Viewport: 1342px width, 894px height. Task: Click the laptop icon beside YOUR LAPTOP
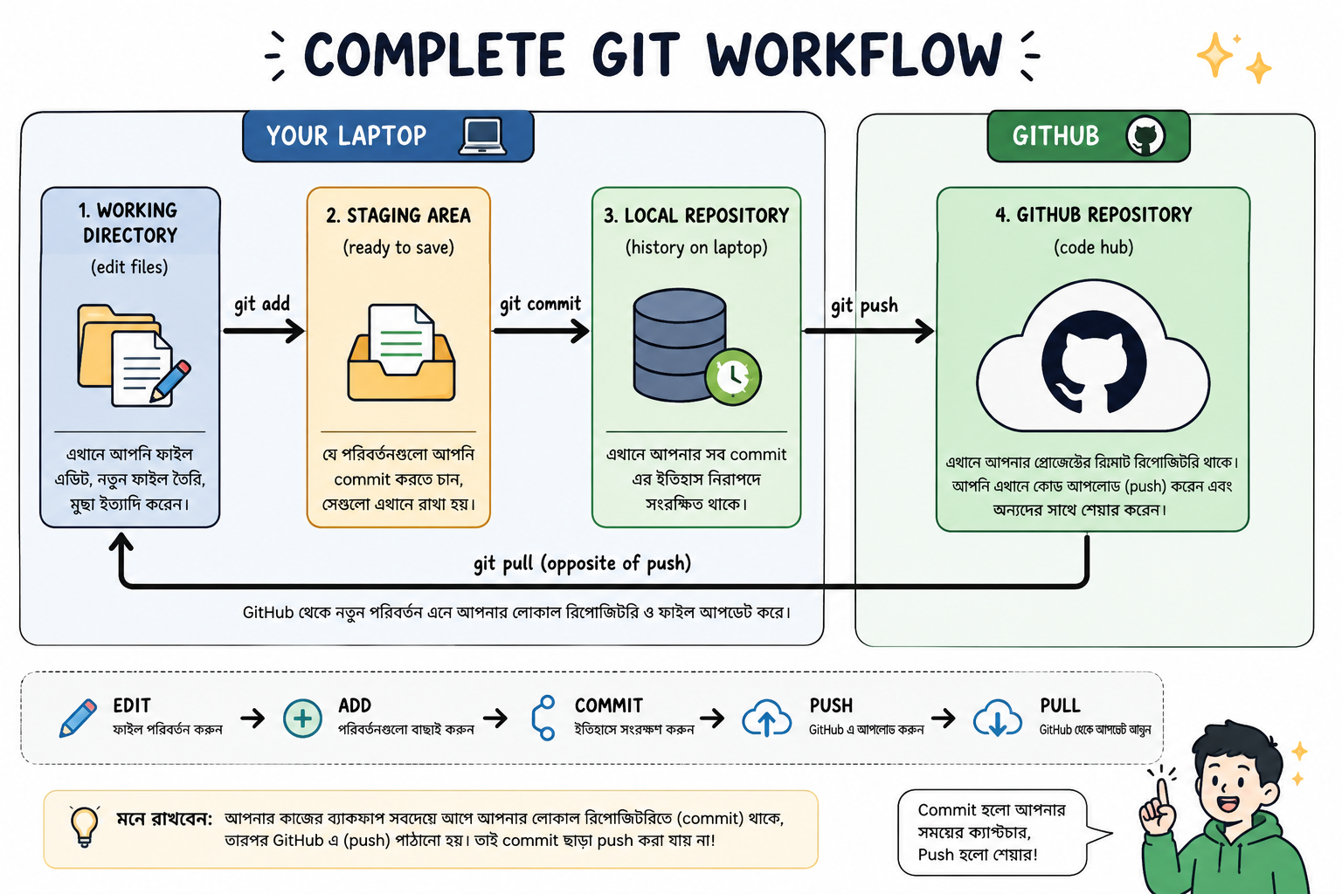[482, 136]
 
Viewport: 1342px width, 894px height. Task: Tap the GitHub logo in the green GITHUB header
[1145, 136]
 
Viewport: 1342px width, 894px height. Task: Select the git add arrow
[264, 331]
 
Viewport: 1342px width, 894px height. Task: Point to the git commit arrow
[541, 331]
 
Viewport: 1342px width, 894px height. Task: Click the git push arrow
[868, 331]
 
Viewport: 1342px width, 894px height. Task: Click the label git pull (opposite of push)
[583, 563]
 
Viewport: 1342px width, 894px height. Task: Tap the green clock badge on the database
[733, 377]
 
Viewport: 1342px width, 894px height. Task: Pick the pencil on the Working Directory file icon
[170, 381]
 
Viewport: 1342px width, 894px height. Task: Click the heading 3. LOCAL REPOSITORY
[696, 216]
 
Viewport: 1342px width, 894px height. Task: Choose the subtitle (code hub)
[1093, 247]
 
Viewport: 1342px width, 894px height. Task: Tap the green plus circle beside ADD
[302, 718]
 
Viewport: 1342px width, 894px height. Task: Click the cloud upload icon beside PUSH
[767, 718]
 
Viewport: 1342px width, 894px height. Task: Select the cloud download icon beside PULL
[998, 718]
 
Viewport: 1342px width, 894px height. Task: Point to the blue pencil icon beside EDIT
[79, 718]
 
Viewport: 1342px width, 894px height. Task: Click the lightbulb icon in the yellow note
[85, 826]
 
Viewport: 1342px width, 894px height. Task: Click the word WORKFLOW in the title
[854, 54]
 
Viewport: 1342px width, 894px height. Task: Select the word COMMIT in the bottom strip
[609, 705]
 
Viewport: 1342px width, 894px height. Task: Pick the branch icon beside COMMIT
[543, 718]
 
